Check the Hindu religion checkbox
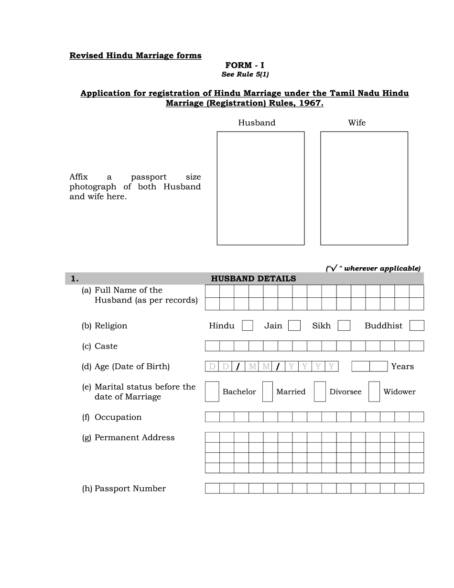[x=247, y=326]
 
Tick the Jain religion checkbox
[x=294, y=326]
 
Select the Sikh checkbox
[x=344, y=326]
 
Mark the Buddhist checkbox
[x=417, y=326]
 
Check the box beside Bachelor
[x=212, y=392]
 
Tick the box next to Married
[x=268, y=392]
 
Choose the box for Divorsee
[x=320, y=392]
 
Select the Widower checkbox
[x=374, y=392]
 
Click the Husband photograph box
[x=260, y=188]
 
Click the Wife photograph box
[x=364, y=188]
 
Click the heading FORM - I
[x=245, y=65]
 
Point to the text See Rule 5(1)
[x=245, y=75]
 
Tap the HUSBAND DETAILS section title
[x=253, y=279]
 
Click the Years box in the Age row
[x=369, y=367]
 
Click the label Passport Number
[x=130, y=489]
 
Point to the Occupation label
[x=118, y=417]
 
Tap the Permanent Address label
[x=134, y=437]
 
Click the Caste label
[x=106, y=346]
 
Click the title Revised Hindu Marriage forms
[x=135, y=55]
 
